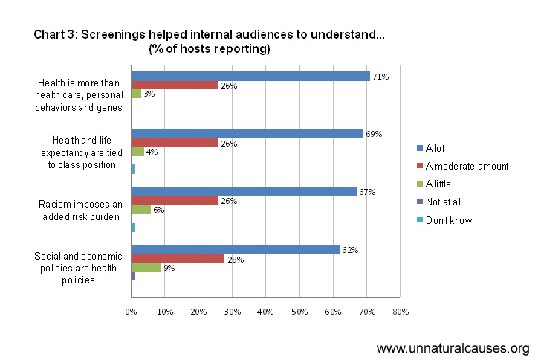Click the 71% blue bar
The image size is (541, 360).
point(250,76)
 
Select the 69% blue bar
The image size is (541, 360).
point(247,134)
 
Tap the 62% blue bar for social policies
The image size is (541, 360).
point(236,250)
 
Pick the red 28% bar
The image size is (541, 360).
point(178,259)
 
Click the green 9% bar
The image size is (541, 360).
point(146,268)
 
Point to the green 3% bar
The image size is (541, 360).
point(136,94)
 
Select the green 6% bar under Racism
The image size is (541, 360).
point(141,210)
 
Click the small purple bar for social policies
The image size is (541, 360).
point(133,277)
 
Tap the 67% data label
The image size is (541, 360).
point(367,192)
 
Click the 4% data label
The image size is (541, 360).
point(152,152)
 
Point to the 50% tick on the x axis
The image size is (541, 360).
point(299,312)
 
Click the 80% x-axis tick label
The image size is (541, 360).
point(401,312)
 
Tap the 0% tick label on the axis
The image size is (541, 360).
point(131,312)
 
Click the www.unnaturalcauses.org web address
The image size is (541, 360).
point(453,348)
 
